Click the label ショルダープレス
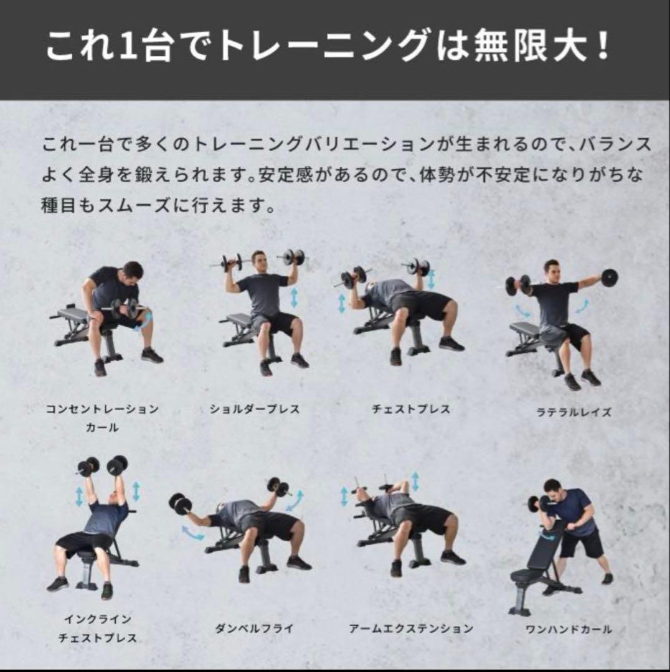[x=255, y=409]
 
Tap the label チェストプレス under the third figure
[x=410, y=409]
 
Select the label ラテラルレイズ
[x=574, y=412]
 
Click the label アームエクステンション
[x=411, y=628]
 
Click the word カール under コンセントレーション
[x=102, y=428]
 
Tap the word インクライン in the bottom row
[x=98, y=620]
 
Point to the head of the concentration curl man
[x=132, y=272]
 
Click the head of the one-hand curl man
[x=552, y=487]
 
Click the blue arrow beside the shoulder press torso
[x=294, y=298]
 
